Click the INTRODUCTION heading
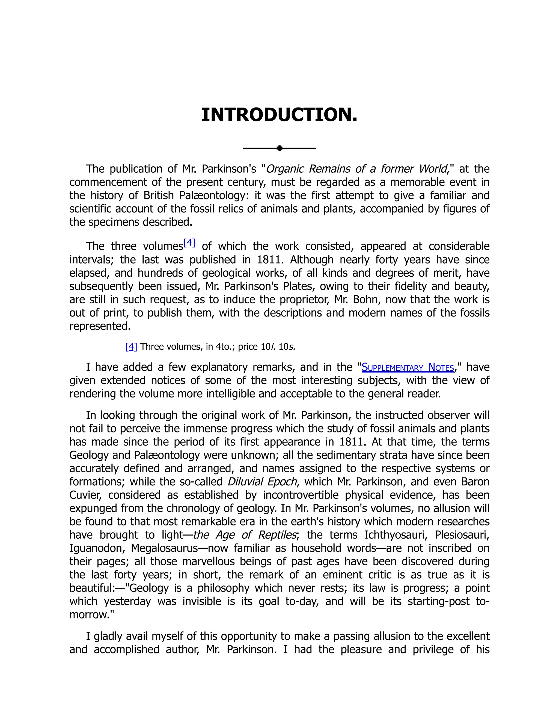pyautogui.click(x=279, y=115)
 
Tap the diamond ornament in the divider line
pyautogui.click(x=279, y=148)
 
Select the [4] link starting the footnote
pyautogui.click(x=131, y=346)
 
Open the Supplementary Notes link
pyautogui.click(x=407, y=367)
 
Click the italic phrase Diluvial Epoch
pyautogui.click(x=262, y=481)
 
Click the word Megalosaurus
pyautogui.click(x=164, y=548)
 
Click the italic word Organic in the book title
pyautogui.click(x=284, y=169)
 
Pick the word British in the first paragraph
pyautogui.click(x=159, y=195)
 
